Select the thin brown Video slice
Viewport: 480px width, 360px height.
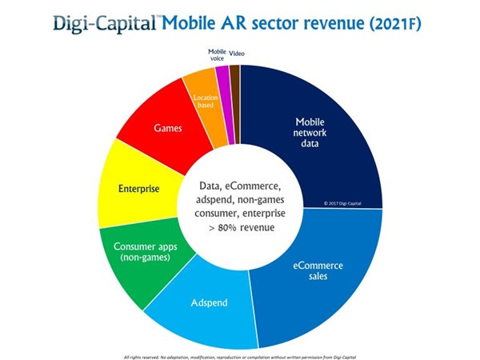[x=234, y=70]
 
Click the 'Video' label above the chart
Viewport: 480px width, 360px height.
[x=237, y=54]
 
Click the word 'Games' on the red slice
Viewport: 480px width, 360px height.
[x=167, y=127]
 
